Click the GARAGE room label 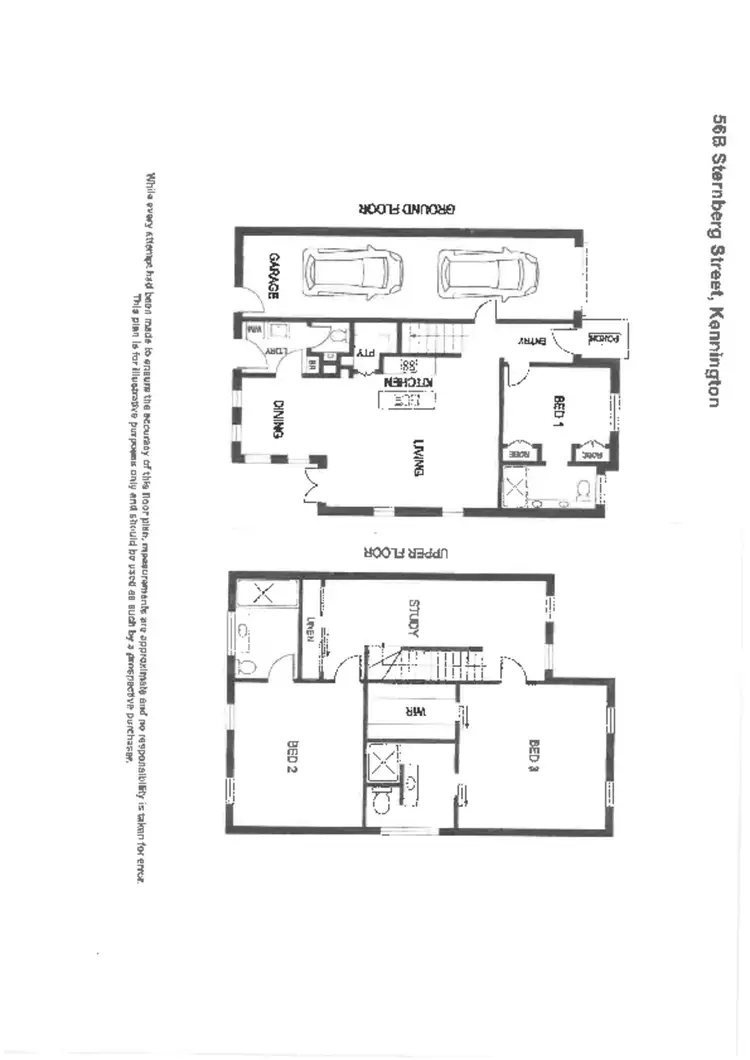pyautogui.click(x=271, y=277)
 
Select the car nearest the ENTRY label pyautogui.click(x=488, y=271)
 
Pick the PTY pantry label pyautogui.click(x=364, y=352)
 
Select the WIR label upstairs pyautogui.click(x=415, y=712)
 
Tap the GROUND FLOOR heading pyautogui.click(x=407, y=209)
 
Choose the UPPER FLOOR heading pyautogui.click(x=407, y=552)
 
